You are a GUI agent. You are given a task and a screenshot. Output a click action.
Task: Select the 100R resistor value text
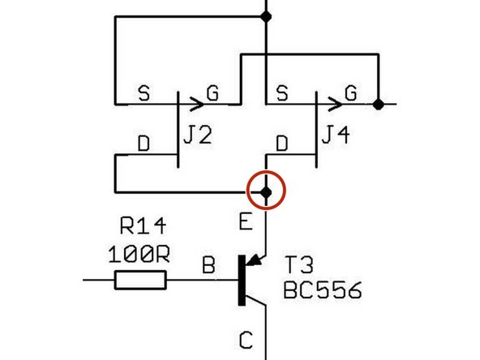tap(139, 254)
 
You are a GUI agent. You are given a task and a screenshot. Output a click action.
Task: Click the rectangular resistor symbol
tap(141, 281)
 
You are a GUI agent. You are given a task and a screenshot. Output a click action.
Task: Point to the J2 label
tap(198, 136)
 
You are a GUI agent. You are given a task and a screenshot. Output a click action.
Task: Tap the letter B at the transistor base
tap(208, 265)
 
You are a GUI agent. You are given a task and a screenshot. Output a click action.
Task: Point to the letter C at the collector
tap(244, 337)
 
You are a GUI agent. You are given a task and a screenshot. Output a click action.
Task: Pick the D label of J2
tap(143, 144)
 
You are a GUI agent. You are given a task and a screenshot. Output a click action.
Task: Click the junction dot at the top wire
tap(266, 15)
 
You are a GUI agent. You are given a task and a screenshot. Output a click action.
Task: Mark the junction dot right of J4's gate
tap(379, 104)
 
